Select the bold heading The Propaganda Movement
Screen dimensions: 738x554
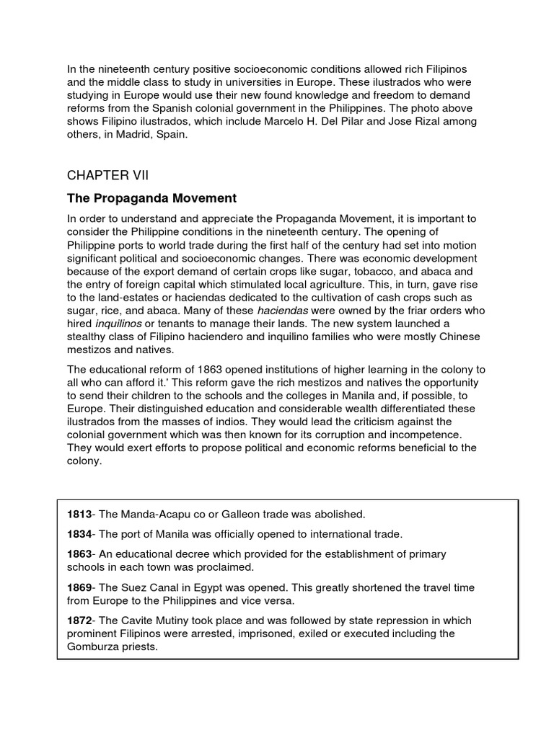coord(151,197)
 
